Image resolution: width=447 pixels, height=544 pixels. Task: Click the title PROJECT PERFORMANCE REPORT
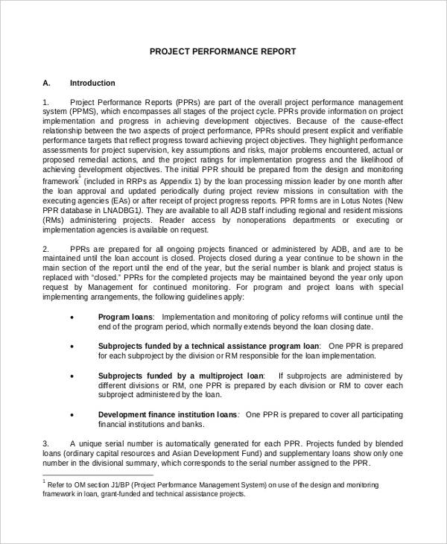(x=223, y=51)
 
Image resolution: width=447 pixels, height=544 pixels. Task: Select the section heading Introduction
(x=92, y=83)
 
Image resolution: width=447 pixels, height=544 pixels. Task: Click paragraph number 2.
(x=46, y=247)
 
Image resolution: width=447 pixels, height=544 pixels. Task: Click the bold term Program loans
(x=125, y=317)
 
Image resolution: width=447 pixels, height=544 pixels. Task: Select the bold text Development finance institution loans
(x=168, y=414)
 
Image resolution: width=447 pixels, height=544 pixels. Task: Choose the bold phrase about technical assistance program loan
(x=209, y=346)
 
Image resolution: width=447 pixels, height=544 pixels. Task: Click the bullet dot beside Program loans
(x=72, y=317)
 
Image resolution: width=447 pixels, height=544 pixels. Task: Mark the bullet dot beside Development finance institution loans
(x=72, y=414)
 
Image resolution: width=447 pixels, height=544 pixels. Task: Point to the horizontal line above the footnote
(x=98, y=475)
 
